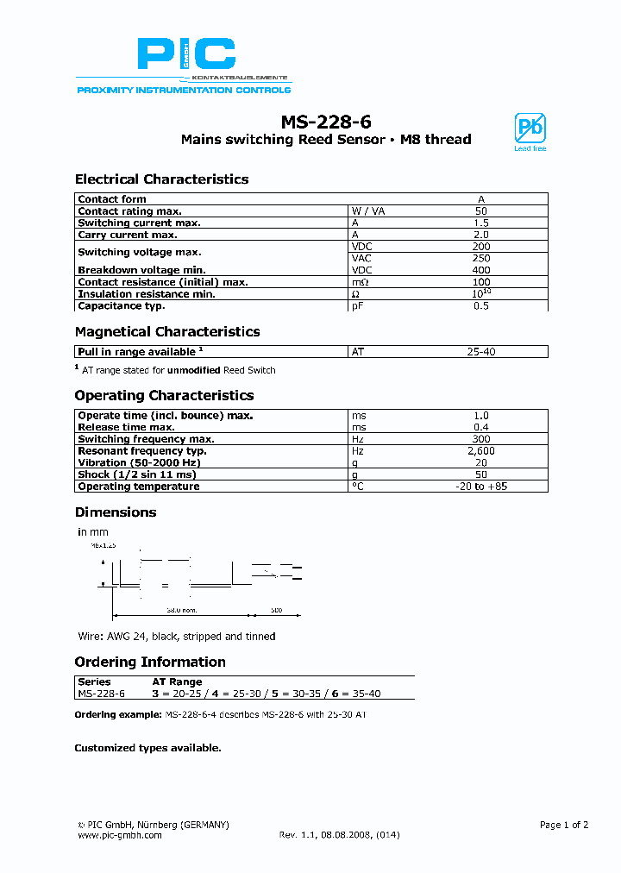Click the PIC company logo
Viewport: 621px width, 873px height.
(x=186, y=55)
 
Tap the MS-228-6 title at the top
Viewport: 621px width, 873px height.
(x=325, y=122)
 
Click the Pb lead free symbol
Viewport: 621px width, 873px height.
(x=530, y=129)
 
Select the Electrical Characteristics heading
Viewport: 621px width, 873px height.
(x=161, y=179)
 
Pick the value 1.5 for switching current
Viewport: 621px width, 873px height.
(x=481, y=223)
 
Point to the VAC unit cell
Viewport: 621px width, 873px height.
(x=361, y=258)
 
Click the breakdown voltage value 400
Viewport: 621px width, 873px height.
(x=481, y=270)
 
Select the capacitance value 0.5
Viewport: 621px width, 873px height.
(x=481, y=305)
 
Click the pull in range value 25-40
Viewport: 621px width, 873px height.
(x=481, y=352)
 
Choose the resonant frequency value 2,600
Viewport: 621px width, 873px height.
(x=481, y=451)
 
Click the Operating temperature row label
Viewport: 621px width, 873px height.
(x=138, y=487)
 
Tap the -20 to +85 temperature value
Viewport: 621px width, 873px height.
(x=481, y=487)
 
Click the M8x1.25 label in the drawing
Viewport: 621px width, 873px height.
(x=103, y=546)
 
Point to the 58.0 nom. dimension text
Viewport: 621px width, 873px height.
(x=180, y=610)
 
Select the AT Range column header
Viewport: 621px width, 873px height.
(x=177, y=681)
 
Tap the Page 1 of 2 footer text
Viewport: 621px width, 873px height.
(x=563, y=825)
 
